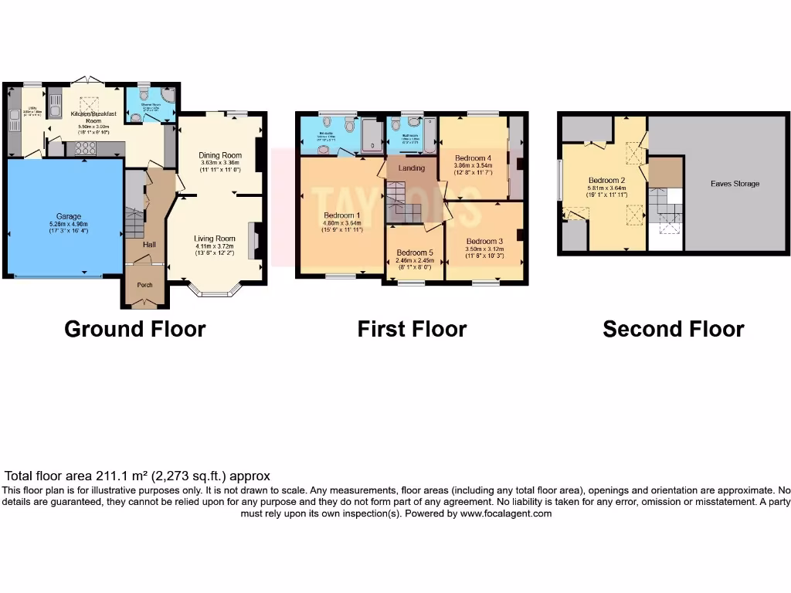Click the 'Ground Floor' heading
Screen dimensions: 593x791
tap(134, 329)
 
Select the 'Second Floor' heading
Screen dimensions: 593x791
tap(673, 329)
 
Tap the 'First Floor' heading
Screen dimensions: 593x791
tap(412, 329)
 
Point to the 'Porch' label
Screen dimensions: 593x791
tap(144, 285)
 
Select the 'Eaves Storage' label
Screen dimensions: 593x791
tap(735, 184)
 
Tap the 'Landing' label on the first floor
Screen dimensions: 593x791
tap(411, 168)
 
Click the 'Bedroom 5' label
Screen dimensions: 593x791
tap(415, 252)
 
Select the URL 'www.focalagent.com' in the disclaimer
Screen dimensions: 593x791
tap(505, 513)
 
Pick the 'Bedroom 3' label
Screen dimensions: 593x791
tap(484, 241)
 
